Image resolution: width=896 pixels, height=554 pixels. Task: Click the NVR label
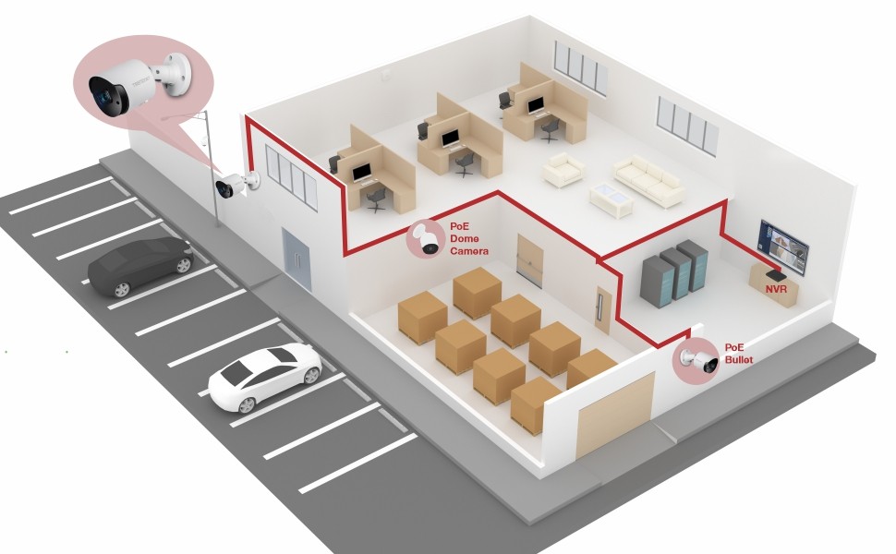tap(776, 289)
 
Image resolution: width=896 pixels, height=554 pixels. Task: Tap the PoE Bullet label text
tap(739, 354)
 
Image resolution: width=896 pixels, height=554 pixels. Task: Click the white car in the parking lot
tap(264, 377)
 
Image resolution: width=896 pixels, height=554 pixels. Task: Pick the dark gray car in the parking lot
tap(140, 267)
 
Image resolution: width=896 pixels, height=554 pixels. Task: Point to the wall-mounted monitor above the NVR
tap(783, 247)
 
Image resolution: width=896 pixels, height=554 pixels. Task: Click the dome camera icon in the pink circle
tap(426, 239)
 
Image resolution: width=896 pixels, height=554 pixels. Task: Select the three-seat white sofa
tap(649, 180)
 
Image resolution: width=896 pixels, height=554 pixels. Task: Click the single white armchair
tap(563, 170)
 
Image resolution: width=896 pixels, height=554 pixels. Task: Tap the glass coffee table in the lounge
tap(611, 199)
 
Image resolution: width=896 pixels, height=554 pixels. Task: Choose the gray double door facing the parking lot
tap(297, 259)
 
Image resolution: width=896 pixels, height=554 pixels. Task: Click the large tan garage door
tap(614, 414)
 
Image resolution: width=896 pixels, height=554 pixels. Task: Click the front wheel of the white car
tap(247, 404)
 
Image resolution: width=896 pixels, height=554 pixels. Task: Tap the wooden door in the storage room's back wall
tap(529, 261)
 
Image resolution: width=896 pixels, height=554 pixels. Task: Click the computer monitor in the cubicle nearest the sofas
tap(536, 105)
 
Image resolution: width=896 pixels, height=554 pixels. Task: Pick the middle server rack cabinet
tap(675, 273)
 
